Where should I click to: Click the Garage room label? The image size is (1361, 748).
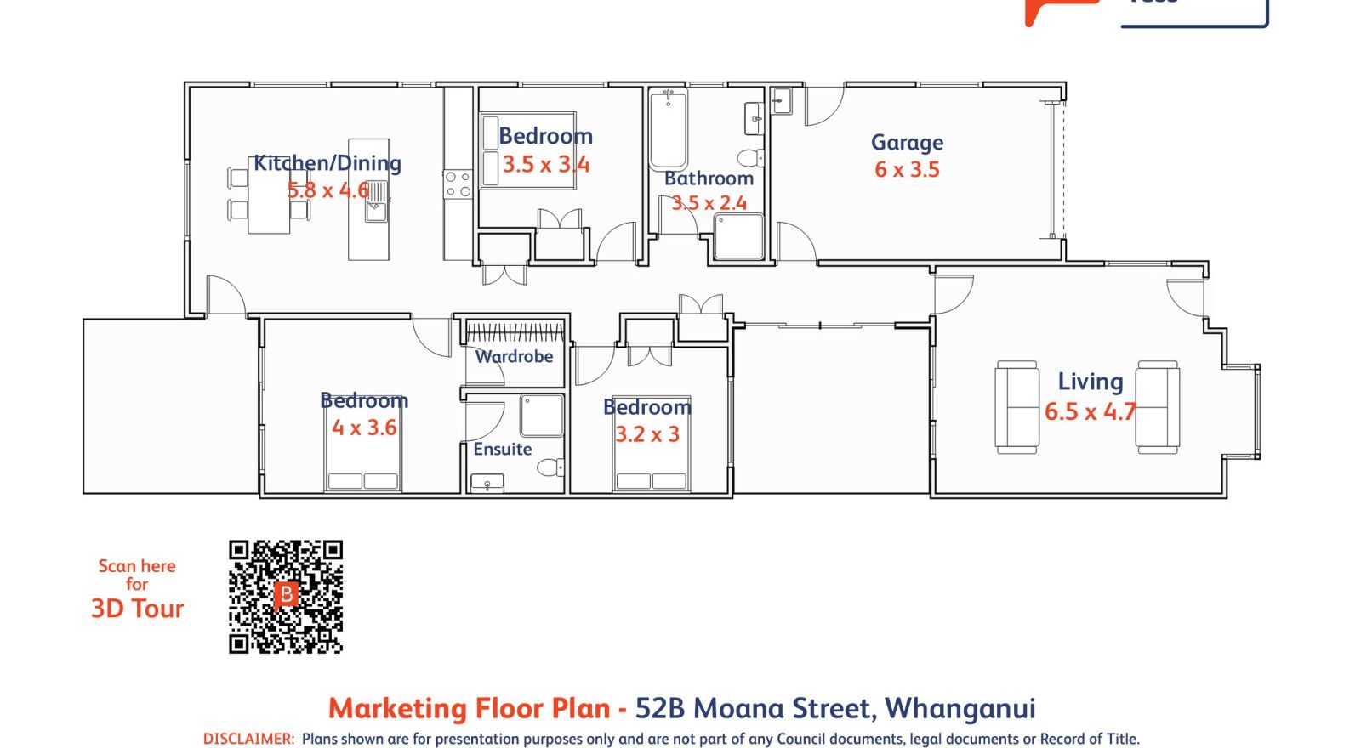[907, 143]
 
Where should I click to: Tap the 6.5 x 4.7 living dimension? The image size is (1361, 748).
[1090, 411]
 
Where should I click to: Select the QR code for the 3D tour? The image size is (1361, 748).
[286, 596]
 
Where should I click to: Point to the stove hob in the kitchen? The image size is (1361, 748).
[458, 184]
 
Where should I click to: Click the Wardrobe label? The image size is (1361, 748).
[514, 357]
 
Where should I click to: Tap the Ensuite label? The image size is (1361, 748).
[503, 449]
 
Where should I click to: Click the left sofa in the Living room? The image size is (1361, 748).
[1016, 407]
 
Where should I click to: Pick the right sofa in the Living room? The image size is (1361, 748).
[1158, 407]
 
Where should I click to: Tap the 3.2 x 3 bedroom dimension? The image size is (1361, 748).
[647, 434]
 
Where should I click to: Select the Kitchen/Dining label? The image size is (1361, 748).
[327, 163]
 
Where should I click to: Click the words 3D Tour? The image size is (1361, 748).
[137, 609]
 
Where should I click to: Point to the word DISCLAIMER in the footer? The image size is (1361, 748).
[248, 739]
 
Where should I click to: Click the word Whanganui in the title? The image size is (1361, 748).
[960, 708]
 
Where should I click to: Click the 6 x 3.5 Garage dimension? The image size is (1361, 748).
[907, 170]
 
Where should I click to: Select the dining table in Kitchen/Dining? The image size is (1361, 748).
[269, 202]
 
